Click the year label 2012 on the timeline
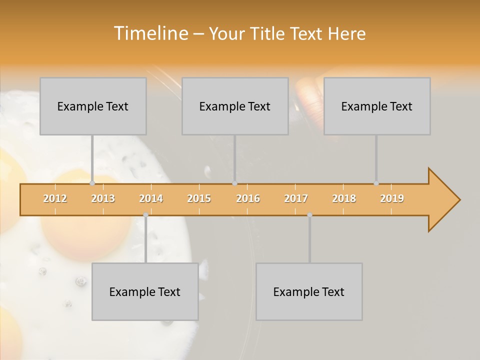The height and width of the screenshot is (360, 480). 55,198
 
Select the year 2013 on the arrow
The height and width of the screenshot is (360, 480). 103,198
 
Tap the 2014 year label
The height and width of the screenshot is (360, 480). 151,198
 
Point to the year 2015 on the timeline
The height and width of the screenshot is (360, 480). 199,198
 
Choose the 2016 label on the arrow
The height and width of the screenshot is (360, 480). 248,198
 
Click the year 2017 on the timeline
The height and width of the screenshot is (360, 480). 296,198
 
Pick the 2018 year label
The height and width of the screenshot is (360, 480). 344,198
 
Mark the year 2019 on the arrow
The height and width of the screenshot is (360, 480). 392,198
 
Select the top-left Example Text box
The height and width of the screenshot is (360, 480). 93,106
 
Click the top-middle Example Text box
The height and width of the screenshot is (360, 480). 235,106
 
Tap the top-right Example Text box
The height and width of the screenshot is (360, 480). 377,106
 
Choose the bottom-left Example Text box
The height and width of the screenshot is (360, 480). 145,291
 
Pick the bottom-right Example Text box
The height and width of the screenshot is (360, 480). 309,291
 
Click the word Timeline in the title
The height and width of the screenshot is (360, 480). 150,33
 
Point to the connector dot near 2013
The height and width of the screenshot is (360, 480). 92,183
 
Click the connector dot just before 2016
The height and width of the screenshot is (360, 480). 234,183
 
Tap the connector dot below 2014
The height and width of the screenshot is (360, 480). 145,215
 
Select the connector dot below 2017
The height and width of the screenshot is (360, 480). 309,215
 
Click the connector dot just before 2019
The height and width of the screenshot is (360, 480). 376,183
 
